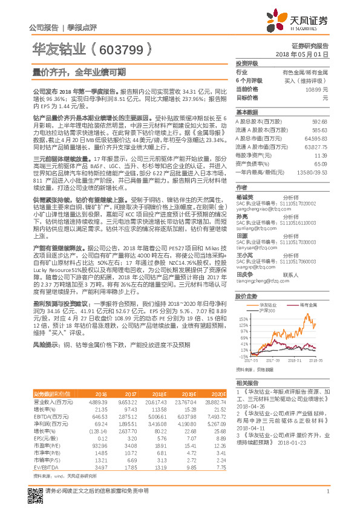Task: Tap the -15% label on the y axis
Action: [243, 356]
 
